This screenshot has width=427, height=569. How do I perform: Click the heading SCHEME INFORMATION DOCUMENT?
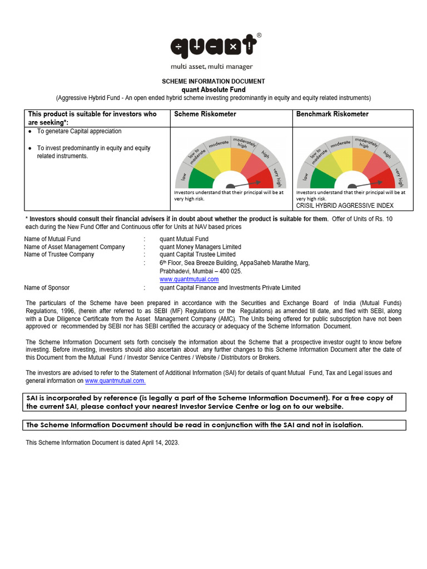click(213, 81)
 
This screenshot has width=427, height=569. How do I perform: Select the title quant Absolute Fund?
click(213, 89)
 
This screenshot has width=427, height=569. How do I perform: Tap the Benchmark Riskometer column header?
click(332, 114)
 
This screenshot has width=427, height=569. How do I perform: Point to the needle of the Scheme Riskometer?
click(245, 183)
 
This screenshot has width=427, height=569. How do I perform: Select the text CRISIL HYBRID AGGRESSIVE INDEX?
click(345, 206)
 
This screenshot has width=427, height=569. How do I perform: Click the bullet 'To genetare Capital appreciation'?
click(79, 132)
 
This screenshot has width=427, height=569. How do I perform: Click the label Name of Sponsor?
click(47, 288)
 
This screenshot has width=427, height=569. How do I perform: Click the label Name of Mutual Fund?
click(52, 239)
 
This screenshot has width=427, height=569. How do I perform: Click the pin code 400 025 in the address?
click(231, 271)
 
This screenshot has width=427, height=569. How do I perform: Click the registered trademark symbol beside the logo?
click(259, 35)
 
